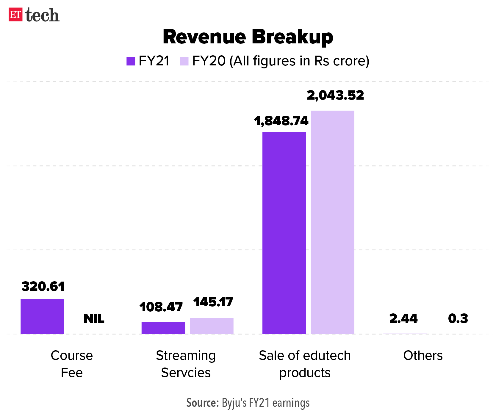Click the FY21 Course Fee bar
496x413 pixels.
point(42,316)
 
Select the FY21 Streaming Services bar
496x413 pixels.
point(163,328)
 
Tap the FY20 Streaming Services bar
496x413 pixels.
point(212,326)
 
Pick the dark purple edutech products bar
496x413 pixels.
point(284,233)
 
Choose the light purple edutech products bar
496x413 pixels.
point(332,222)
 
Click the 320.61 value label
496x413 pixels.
point(43,287)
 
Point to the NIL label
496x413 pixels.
point(94,319)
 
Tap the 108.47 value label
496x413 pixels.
point(161,307)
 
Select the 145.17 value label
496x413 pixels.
point(213,302)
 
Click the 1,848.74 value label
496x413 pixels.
point(281,121)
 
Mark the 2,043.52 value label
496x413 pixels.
point(335,95)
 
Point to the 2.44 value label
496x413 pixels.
point(403,319)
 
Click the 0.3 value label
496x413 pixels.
point(458,319)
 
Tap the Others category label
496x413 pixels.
point(423,356)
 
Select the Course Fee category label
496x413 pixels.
point(72,364)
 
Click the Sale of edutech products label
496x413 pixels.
point(305,364)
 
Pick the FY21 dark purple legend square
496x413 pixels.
point(131,61)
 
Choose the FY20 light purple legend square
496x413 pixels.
point(184,61)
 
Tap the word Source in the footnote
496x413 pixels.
point(203,403)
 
